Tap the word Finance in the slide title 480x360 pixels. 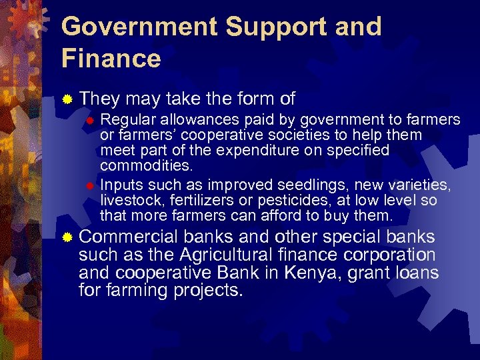pyautogui.click(x=111, y=59)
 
